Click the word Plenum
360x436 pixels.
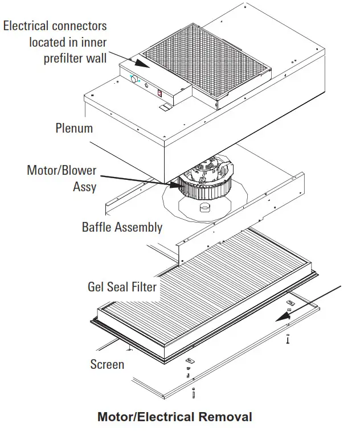[74, 127]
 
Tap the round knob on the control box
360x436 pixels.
[136, 80]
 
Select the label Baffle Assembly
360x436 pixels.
[122, 227]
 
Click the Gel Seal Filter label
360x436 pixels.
[122, 286]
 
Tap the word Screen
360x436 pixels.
[107, 364]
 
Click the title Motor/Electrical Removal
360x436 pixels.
[175, 417]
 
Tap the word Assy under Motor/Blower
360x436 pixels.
[84, 187]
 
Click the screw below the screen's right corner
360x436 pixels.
[288, 339]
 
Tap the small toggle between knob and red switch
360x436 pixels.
[148, 87]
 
